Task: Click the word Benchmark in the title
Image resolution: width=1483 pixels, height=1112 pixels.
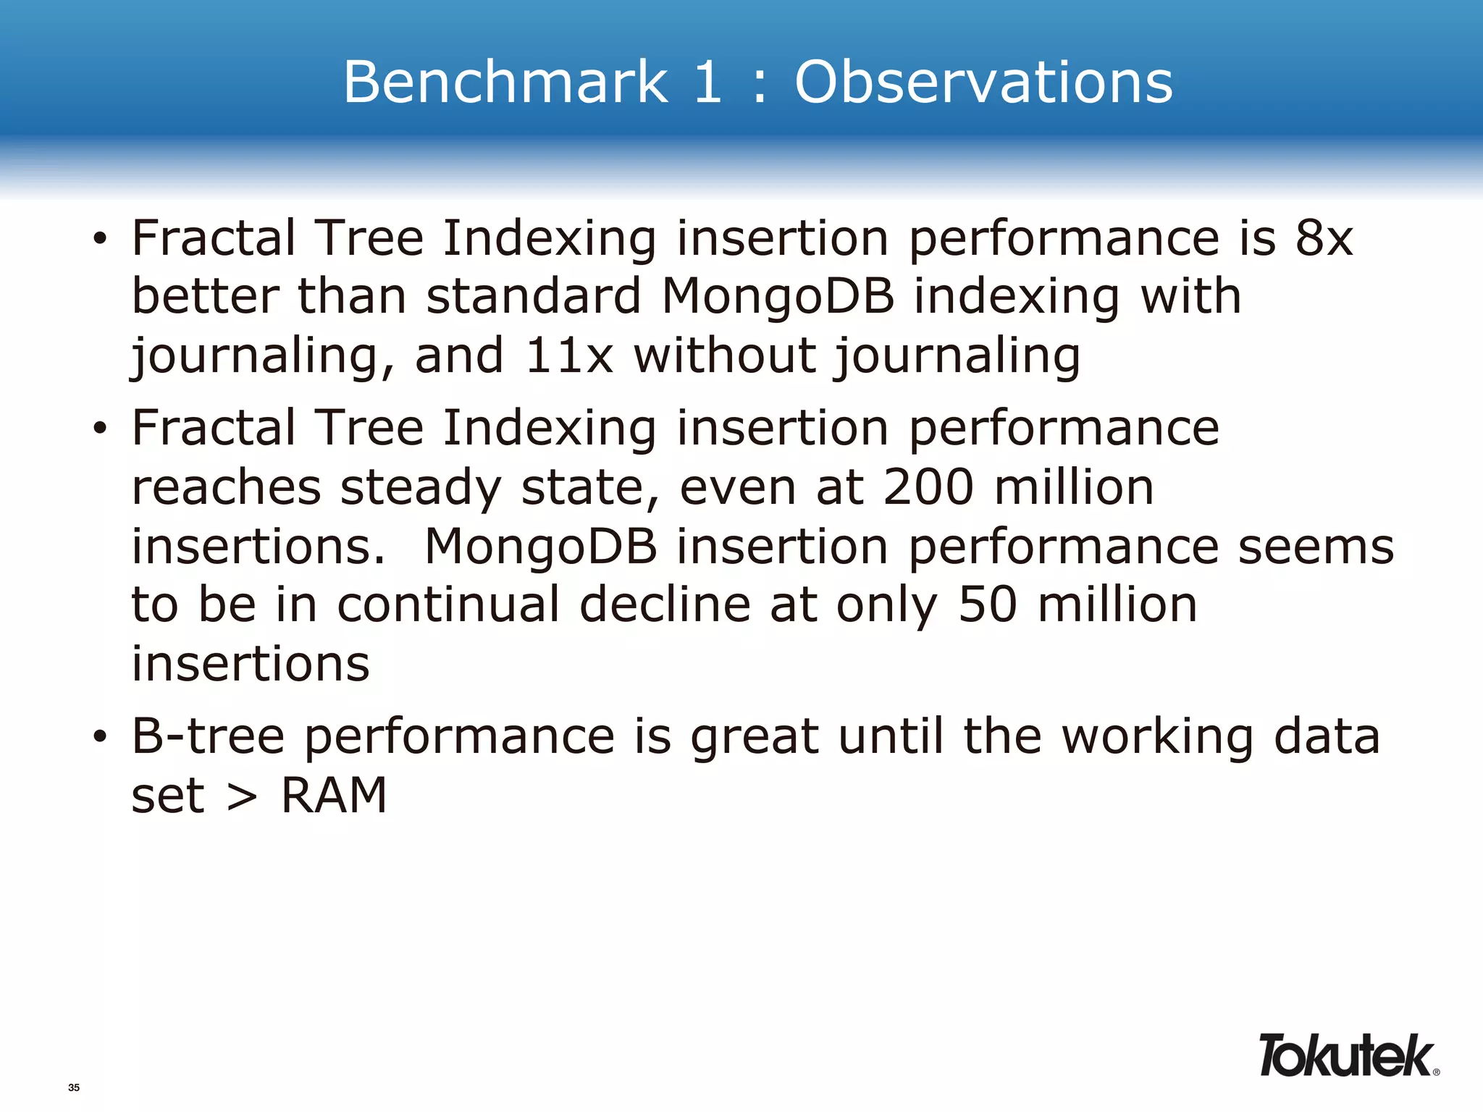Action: (505, 82)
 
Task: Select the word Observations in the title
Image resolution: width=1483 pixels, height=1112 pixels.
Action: (983, 82)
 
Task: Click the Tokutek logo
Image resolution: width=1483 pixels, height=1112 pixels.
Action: (1346, 1056)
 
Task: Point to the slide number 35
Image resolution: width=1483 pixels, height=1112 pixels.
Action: (74, 1087)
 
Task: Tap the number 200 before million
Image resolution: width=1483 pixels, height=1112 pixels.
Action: (928, 486)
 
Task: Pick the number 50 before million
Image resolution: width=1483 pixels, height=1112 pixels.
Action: (988, 605)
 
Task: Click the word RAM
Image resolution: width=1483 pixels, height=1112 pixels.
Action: (334, 796)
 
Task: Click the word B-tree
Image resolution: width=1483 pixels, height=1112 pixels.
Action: (209, 736)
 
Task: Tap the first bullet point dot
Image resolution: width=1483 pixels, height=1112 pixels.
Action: (100, 239)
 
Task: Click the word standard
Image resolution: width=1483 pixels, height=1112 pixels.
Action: (534, 297)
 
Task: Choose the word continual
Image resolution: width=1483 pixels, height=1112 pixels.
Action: (448, 605)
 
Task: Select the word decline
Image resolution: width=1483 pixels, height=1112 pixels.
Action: (665, 605)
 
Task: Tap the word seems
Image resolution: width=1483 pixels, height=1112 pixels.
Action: (1316, 547)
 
